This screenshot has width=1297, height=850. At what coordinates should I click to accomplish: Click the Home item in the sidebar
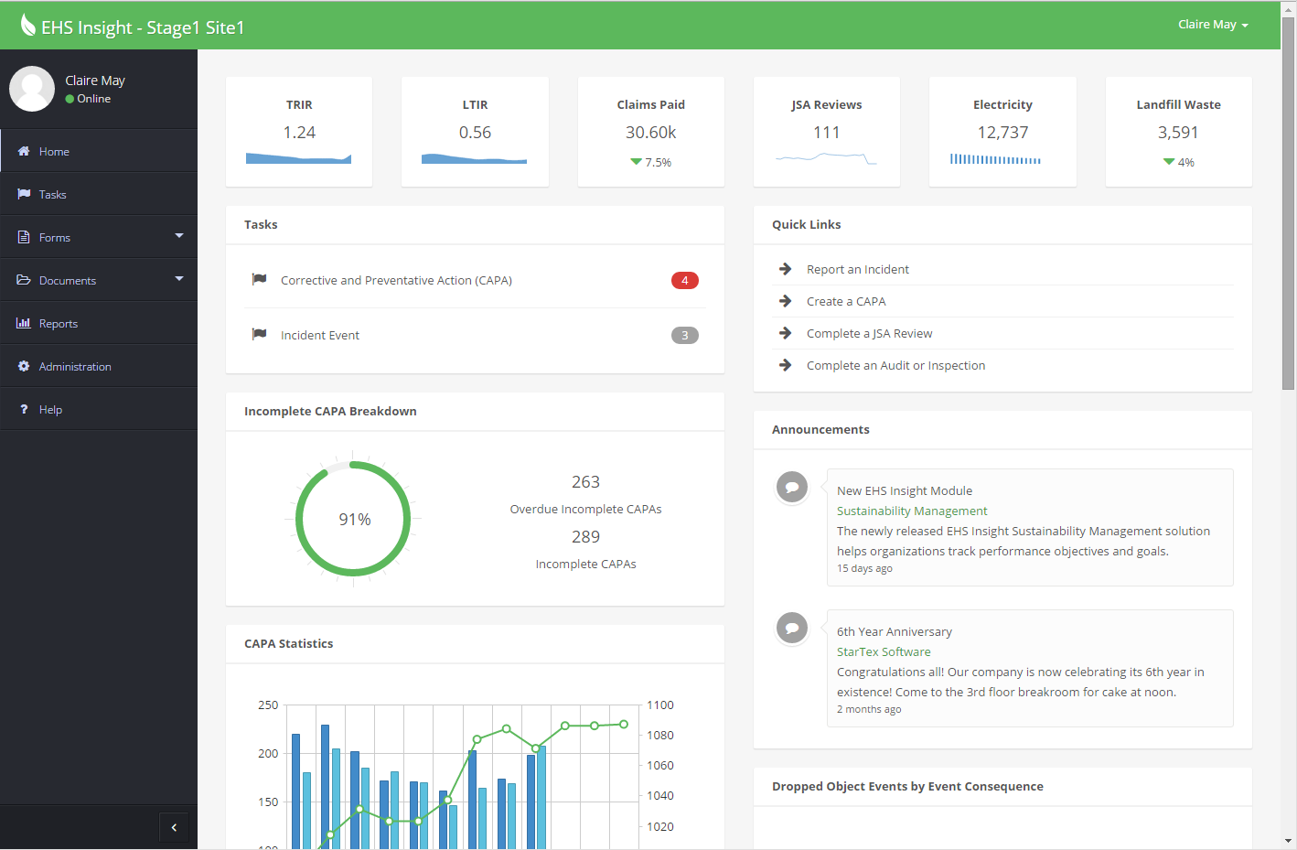tap(54, 152)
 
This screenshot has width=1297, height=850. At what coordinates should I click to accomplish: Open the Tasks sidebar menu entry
tap(52, 195)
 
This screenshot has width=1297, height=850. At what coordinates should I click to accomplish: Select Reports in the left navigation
tap(58, 324)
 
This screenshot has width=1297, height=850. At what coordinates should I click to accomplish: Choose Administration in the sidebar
tap(75, 367)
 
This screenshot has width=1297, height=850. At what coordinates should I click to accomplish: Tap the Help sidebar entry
tap(50, 410)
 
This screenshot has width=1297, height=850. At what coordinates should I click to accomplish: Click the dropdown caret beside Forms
tap(179, 236)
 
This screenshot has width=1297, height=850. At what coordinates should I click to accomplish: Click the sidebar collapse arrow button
tap(174, 827)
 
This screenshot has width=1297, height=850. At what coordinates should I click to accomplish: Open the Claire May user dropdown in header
tap(1212, 25)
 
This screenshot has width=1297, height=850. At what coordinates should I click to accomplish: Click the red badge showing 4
tap(684, 281)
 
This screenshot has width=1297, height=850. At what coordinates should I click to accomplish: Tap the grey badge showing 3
tap(684, 336)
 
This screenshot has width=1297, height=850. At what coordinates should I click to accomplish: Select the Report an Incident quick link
tap(857, 270)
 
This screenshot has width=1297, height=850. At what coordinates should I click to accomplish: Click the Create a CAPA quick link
tap(845, 302)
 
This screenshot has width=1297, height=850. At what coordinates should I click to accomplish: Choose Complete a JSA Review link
tap(869, 334)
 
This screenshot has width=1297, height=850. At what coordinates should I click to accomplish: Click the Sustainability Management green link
tap(912, 511)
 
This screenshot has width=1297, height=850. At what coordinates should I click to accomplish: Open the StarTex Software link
tap(884, 652)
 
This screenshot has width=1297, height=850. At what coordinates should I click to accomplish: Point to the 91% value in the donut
tap(355, 520)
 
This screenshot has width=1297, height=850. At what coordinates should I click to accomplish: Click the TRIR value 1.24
tap(299, 133)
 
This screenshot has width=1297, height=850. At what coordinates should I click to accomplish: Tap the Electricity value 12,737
tap(1002, 133)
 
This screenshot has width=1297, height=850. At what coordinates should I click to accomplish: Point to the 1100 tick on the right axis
tap(659, 705)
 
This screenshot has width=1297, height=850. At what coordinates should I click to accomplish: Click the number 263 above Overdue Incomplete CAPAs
tap(585, 482)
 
